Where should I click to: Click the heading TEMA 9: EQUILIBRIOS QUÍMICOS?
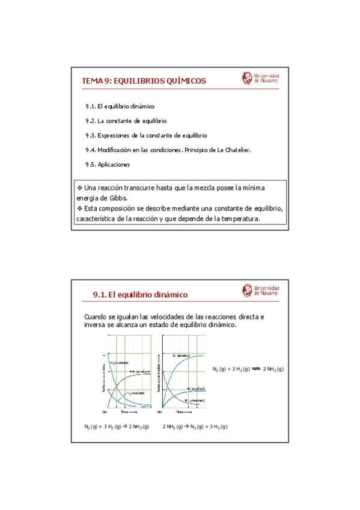coord(144,81)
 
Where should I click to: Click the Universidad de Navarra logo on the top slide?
coord(260,78)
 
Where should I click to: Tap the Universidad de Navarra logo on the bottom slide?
coord(260,290)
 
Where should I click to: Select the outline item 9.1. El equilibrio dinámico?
coord(120,106)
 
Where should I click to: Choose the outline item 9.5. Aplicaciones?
coord(108,164)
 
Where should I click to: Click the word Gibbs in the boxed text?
coord(117,198)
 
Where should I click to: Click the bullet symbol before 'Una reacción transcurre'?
coord(79,188)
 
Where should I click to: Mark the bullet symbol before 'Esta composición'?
coord(79,208)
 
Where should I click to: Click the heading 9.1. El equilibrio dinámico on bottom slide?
coord(140,294)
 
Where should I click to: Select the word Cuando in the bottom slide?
coord(97,316)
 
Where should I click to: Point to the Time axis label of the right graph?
coord(180,413)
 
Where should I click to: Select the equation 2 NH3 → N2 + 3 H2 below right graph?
coord(195,426)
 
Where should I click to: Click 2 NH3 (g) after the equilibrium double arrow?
coord(273,369)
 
